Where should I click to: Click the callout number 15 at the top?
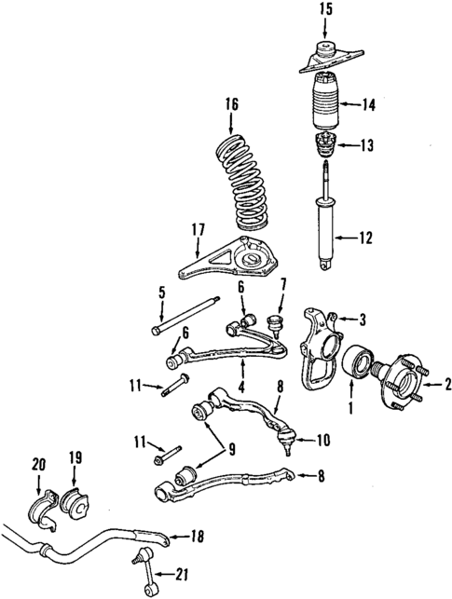(325, 11)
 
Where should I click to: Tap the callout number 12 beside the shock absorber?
(364, 238)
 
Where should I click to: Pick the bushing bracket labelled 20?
(41, 503)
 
